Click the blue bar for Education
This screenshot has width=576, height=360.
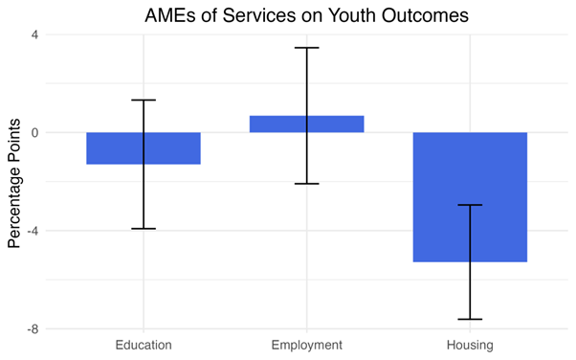[x=144, y=148]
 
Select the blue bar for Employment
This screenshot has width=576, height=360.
[x=306, y=124]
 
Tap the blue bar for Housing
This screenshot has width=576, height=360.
[x=470, y=196]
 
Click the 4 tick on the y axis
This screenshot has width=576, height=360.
[x=34, y=35]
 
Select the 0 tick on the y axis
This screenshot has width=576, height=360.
[x=34, y=133]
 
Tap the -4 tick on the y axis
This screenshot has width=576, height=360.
[x=32, y=231]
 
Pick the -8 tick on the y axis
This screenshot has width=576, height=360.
[x=32, y=328]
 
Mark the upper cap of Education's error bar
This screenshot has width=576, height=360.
[x=144, y=101]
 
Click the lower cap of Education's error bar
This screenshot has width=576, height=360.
[x=144, y=229]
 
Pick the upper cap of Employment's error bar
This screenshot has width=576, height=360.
[x=306, y=48]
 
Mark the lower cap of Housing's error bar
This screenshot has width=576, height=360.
[x=470, y=319]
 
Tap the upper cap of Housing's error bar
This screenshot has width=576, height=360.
[x=470, y=205]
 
